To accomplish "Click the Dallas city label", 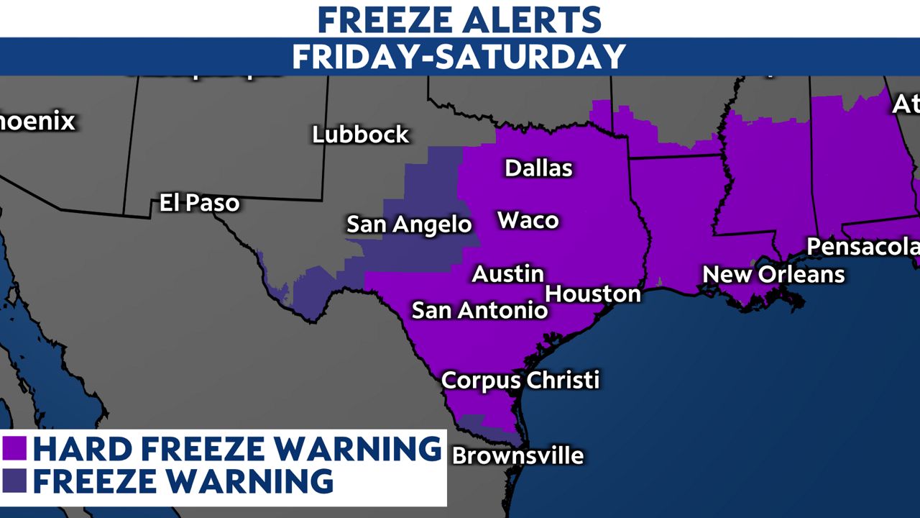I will [x=538, y=168].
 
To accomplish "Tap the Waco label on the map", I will [x=528, y=220].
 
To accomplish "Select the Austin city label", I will [x=507, y=274].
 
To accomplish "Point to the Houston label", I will [x=593, y=294].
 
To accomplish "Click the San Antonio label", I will [x=479, y=311].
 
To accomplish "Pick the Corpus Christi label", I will [x=520, y=380].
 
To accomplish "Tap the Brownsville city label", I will [x=517, y=455].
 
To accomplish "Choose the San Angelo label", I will [x=409, y=224].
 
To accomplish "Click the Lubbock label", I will [x=360, y=135].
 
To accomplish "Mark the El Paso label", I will [x=199, y=204].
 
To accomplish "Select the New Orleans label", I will [x=773, y=274].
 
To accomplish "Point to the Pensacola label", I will [x=862, y=247].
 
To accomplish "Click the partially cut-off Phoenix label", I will [x=37, y=121].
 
